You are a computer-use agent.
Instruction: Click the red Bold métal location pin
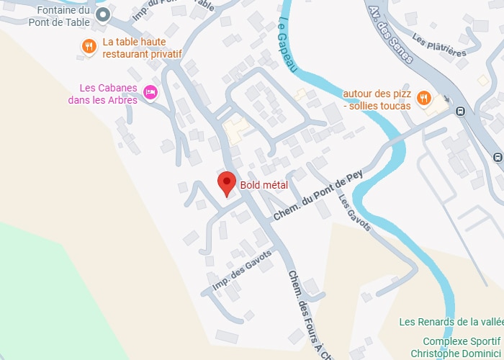point(227,184)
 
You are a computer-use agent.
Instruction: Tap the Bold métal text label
point(264,186)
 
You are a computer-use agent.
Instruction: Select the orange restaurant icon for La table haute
point(89,47)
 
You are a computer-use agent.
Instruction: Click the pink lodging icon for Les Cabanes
point(150,91)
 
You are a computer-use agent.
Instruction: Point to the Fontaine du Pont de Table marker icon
point(103,14)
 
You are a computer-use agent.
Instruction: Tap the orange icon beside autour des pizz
point(424,98)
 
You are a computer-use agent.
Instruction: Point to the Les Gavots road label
point(354,214)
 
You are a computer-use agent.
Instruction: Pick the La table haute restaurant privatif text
point(142,48)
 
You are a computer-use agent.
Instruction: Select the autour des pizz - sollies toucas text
point(377,100)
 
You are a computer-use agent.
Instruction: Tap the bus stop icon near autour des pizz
point(460,111)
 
